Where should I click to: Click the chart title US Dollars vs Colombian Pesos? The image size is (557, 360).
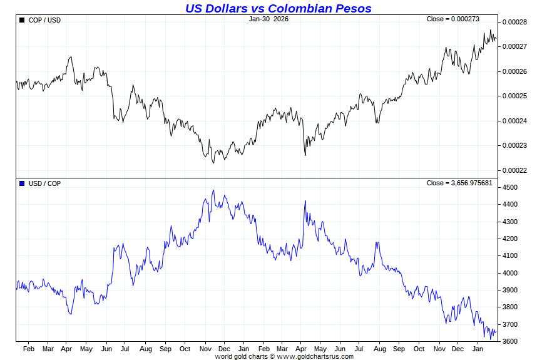tap(278, 8)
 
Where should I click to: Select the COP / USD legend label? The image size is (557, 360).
tap(45, 21)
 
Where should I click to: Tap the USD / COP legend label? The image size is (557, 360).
tap(45, 183)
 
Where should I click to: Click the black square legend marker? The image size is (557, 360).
tap(22, 21)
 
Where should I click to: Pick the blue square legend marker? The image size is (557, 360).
tap(22, 183)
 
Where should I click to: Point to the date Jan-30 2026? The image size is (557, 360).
tap(268, 19)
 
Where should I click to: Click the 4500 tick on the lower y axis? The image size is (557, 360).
tap(510, 188)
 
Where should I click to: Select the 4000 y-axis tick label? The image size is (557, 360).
tap(510, 273)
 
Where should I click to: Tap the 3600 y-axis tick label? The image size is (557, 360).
tap(510, 342)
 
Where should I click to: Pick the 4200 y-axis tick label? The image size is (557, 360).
tap(510, 239)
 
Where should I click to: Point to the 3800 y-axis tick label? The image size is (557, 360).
tap(510, 307)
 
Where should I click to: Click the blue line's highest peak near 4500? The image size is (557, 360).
tap(213, 191)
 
